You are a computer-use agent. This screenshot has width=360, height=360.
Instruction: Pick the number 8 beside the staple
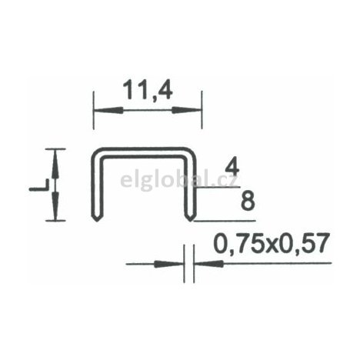pos(247,202)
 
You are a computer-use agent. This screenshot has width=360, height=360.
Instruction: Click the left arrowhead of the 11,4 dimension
pos(99,111)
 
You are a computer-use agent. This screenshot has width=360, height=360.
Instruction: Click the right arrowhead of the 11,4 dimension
pos(195,111)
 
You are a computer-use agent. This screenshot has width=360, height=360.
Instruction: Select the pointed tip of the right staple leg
pos(189,220)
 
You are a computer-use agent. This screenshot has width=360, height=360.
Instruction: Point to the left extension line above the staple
pos(94,115)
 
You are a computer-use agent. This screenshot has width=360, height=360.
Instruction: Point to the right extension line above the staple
pos(202,115)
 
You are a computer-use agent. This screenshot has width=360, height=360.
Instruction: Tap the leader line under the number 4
pos(223,187)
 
